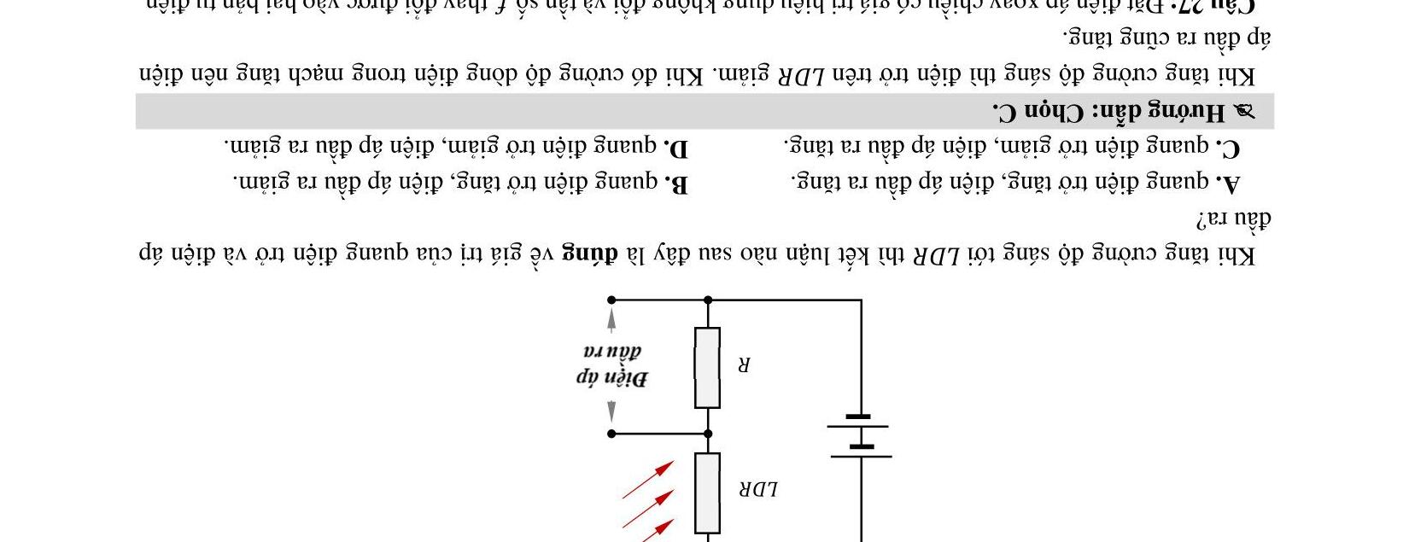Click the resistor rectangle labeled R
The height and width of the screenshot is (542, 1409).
tap(707, 368)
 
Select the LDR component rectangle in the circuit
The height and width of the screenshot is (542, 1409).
tap(707, 493)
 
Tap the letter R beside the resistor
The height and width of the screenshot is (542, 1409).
tap(744, 365)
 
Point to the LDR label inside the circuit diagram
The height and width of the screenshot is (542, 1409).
tap(758, 489)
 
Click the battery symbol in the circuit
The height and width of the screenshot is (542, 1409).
tap(860, 437)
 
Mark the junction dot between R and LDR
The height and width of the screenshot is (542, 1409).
tap(707, 434)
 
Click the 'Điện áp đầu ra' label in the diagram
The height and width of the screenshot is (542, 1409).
tap(611, 365)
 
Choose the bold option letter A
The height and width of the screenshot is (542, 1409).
tap(1230, 183)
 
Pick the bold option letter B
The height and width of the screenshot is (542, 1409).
tap(676, 183)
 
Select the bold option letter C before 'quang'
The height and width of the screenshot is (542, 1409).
tap(1230, 148)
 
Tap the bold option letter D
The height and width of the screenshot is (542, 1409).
tap(676, 148)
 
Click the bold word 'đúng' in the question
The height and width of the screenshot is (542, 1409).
tap(588, 254)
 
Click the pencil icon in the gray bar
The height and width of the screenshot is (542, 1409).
tap(1244, 112)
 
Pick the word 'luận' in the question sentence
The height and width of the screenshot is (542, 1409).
tap(767, 254)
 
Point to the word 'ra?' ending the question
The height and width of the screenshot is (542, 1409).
tap(1211, 219)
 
